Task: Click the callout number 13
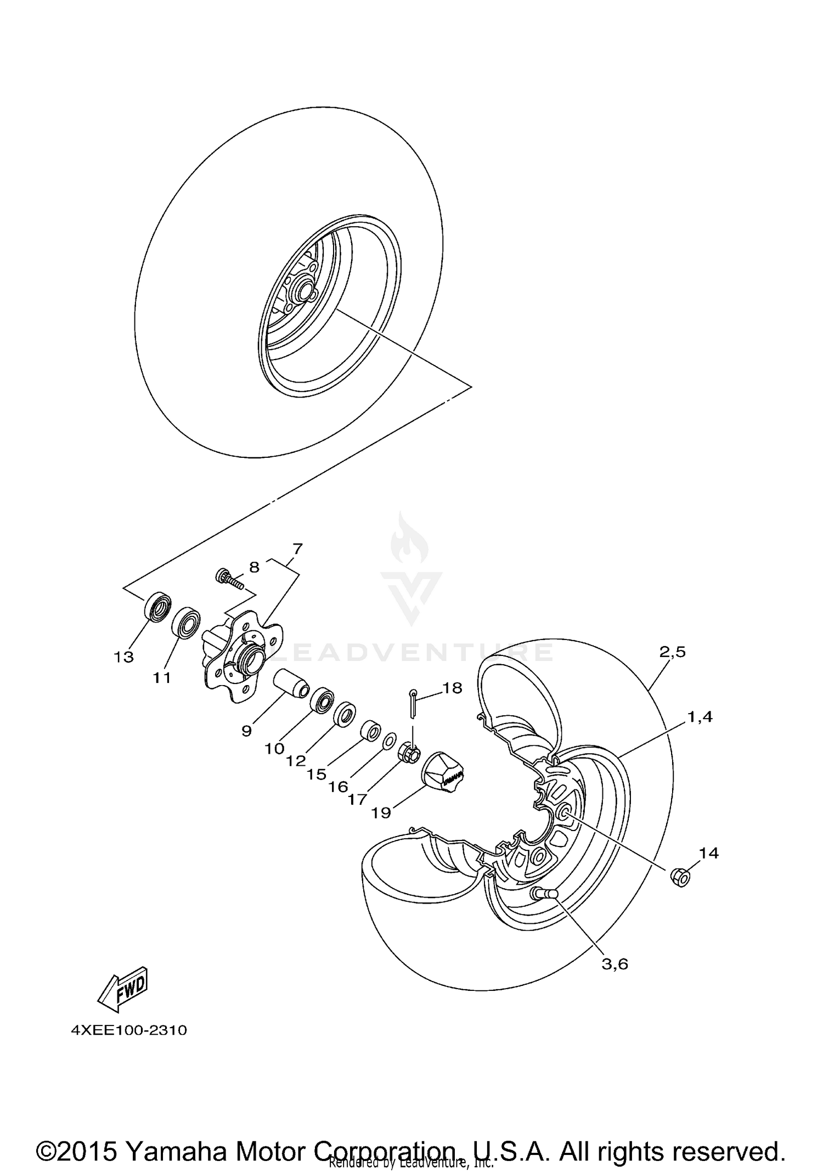[x=124, y=657]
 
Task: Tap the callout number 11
[x=162, y=678]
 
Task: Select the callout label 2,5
[x=673, y=652]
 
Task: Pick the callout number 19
[x=381, y=812]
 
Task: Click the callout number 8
[x=254, y=567]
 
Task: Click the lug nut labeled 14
[x=680, y=877]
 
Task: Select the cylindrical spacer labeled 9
[x=291, y=682]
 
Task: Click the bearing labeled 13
[x=157, y=607]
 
